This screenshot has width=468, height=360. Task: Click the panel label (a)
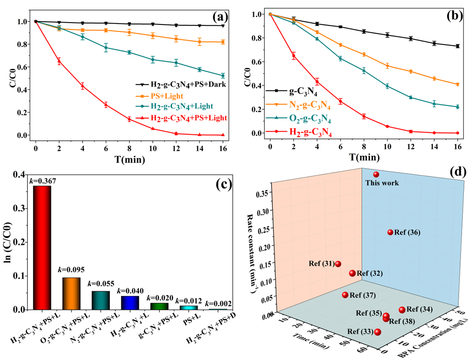click(220, 18)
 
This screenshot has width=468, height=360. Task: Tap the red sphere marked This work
click(376, 174)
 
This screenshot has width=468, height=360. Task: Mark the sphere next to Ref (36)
click(390, 232)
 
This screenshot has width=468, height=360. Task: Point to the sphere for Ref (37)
click(345, 295)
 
